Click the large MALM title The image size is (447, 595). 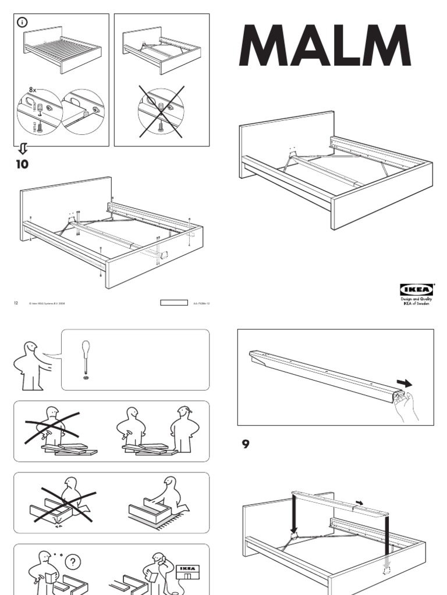[x=325, y=46]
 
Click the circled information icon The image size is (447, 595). [x=23, y=23]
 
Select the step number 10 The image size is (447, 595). [x=22, y=164]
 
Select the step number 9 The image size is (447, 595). [x=245, y=445]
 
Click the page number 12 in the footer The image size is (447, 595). [x=16, y=303]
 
